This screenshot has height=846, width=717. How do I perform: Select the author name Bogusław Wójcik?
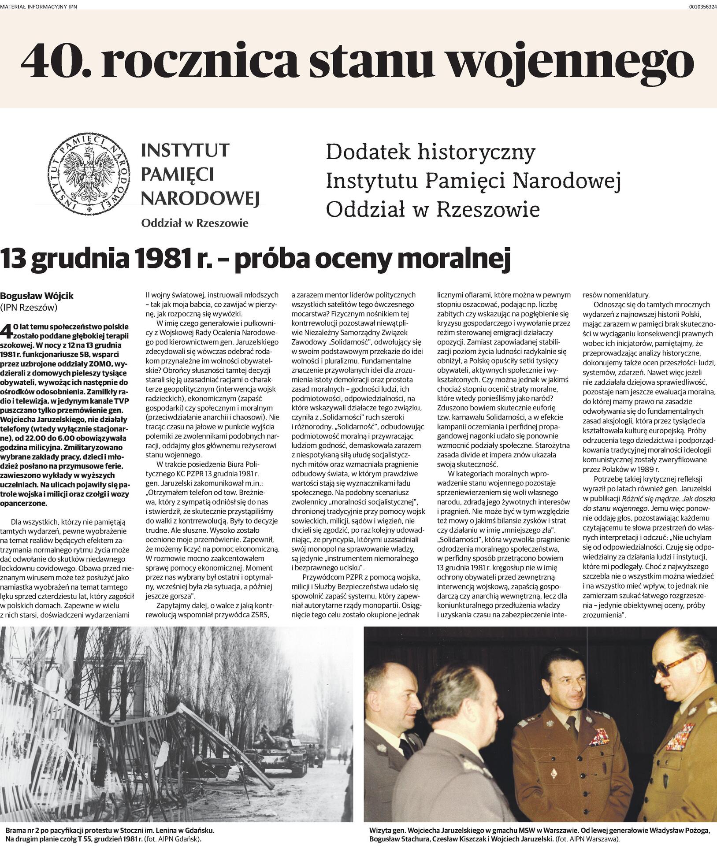point(37,296)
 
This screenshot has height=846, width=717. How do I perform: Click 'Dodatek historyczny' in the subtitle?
point(431,153)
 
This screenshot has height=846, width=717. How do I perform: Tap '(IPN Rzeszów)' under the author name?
point(29,308)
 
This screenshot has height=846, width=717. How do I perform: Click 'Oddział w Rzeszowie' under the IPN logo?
point(194,223)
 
